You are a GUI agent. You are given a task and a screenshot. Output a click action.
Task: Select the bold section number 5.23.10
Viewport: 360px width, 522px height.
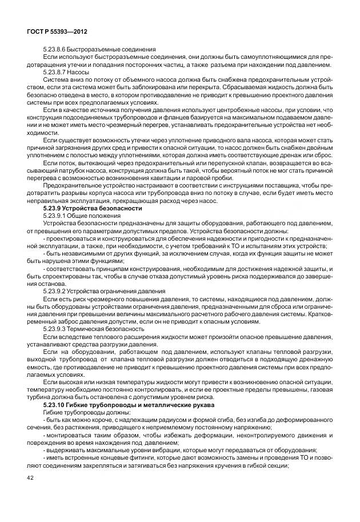click(58, 404)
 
